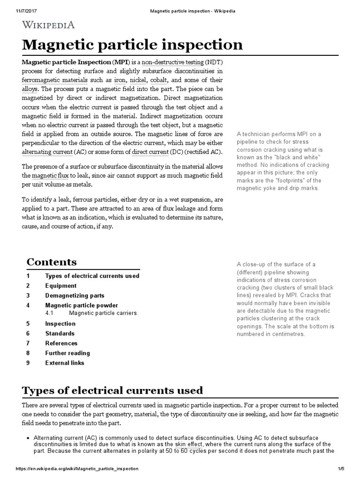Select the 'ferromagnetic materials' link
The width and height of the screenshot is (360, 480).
click(51, 80)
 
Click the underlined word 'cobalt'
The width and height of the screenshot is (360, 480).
click(159, 80)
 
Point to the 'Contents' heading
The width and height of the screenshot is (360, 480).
click(52, 262)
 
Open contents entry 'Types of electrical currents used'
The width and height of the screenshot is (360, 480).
click(92, 276)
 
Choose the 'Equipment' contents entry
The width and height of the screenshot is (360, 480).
click(60, 286)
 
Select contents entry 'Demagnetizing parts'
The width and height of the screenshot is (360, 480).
click(75, 296)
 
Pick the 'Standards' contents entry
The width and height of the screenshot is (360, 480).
click(60, 333)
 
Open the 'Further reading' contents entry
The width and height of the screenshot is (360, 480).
click(67, 353)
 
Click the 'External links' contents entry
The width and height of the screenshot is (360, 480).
click(65, 363)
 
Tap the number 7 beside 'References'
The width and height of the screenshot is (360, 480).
click(28, 343)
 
